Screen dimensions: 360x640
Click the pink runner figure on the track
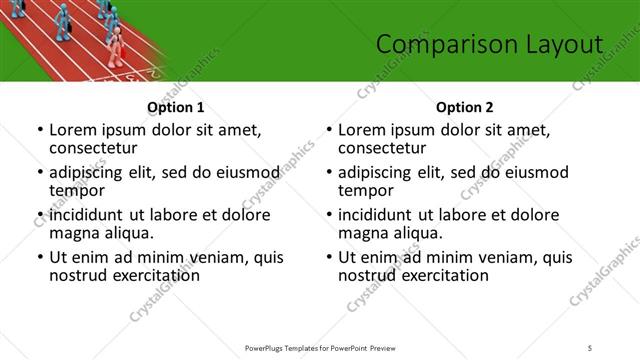[x=117, y=45]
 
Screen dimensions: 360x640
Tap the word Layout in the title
[x=565, y=43]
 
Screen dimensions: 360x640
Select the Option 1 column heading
[x=175, y=107]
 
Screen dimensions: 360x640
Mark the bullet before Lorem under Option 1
[x=39, y=130]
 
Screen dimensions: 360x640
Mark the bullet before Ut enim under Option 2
[x=328, y=257]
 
